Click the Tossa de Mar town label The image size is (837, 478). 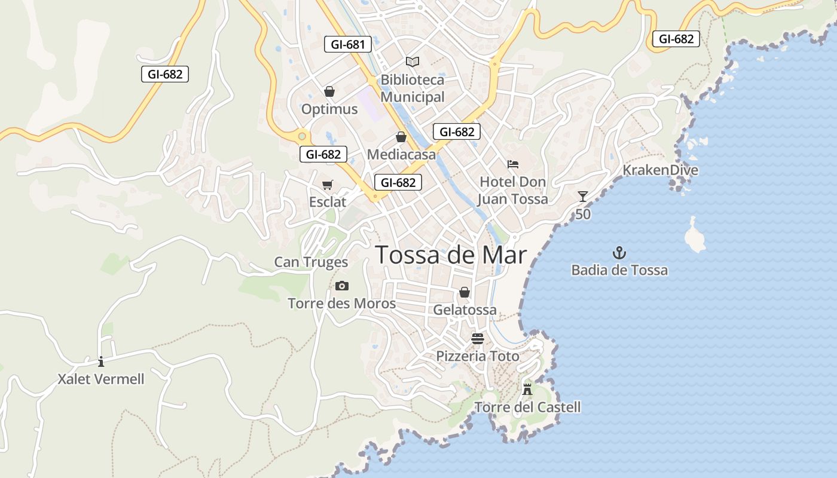click(x=451, y=255)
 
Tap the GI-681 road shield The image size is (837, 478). click(x=348, y=44)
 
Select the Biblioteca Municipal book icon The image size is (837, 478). click(x=413, y=61)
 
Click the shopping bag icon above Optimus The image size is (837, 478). click(x=329, y=91)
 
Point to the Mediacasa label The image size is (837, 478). click(x=401, y=154)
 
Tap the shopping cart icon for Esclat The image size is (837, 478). click(x=327, y=185)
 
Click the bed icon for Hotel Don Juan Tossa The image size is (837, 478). click(x=512, y=164)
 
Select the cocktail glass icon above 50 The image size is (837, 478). click(x=583, y=197)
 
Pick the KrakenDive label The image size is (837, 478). click(x=660, y=170)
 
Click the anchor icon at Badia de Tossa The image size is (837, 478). click(x=619, y=252)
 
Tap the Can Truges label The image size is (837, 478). click(x=311, y=262)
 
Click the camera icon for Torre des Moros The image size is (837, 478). click(x=342, y=286)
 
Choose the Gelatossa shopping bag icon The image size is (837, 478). click(x=465, y=292)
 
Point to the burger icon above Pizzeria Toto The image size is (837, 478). click(x=477, y=339)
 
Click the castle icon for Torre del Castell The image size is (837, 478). click(x=527, y=389)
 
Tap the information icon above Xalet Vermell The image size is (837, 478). click(x=101, y=361)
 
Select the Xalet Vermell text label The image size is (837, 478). click(x=101, y=379)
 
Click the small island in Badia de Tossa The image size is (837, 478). click(x=694, y=237)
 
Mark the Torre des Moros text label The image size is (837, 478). click(x=341, y=304)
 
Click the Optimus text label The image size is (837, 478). click(x=329, y=109)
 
